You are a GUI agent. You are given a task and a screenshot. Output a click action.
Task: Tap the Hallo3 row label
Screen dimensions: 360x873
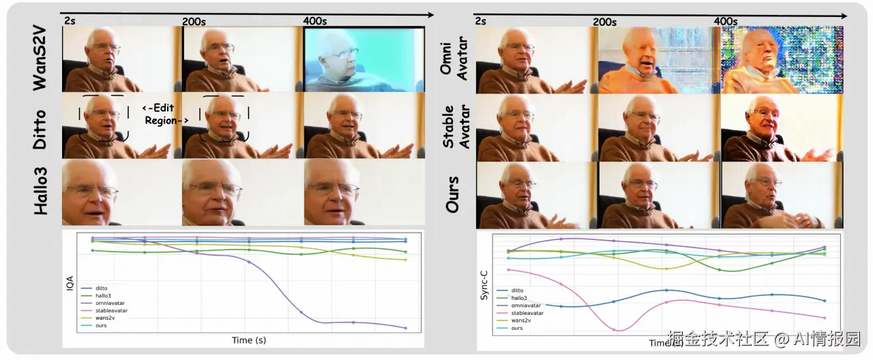click(41, 193)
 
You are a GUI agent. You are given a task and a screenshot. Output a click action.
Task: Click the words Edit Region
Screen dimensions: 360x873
click(164, 114)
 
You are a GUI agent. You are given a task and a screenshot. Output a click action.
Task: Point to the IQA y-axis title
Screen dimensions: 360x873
click(69, 287)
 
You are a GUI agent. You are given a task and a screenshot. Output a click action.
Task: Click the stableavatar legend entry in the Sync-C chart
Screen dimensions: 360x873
click(527, 313)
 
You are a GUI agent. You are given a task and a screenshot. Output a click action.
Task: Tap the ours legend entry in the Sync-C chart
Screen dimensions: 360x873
click(516, 328)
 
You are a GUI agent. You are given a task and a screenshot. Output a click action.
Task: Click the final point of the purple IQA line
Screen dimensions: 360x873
click(406, 328)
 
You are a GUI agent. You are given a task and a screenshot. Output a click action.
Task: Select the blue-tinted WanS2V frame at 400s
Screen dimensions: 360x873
click(364, 59)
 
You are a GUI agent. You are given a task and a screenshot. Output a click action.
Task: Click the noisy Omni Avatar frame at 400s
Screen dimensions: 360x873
click(782, 60)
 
